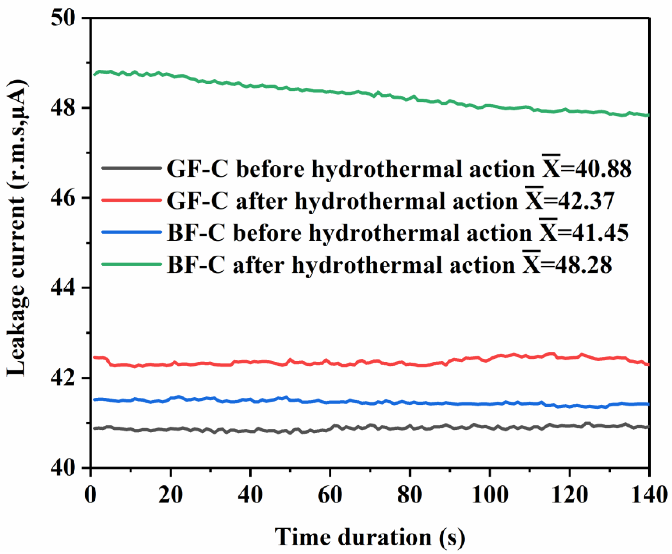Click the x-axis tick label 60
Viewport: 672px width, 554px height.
click(330, 495)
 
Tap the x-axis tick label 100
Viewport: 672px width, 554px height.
click(489, 495)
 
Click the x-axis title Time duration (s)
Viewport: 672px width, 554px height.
click(370, 537)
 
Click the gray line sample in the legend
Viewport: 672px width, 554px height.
click(131, 168)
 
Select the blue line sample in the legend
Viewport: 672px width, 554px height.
click(131, 232)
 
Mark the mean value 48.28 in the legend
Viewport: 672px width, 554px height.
click(576, 265)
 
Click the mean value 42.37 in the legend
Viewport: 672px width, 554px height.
click(579, 201)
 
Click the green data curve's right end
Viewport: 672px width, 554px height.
click(648, 115)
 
